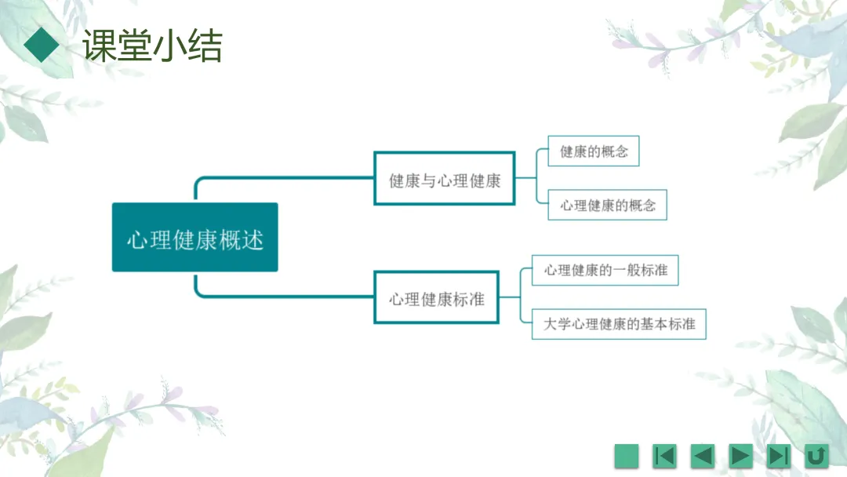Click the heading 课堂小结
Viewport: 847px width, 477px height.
[x=153, y=46]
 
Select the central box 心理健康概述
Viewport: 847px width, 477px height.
[x=194, y=237]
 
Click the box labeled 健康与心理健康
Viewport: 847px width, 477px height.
[x=445, y=179]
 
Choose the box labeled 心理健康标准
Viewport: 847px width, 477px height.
[x=437, y=297]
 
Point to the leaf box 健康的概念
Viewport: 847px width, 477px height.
[x=594, y=151]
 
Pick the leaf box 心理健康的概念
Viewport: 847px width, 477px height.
[x=608, y=206]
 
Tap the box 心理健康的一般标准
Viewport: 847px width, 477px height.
[x=605, y=270]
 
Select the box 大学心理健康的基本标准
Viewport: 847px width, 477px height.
[x=619, y=323]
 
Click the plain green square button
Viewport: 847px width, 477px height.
[x=627, y=455]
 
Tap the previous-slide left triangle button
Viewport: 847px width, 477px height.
[x=703, y=455]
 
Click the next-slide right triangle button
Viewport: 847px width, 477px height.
[x=740, y=455]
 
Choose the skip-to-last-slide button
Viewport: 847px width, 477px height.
[x=778, y=455]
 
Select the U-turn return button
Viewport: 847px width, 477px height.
[x=816, y=455]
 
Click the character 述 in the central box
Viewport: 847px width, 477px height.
[x=252, y=238]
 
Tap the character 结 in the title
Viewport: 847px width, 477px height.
[x=205, y=46]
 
